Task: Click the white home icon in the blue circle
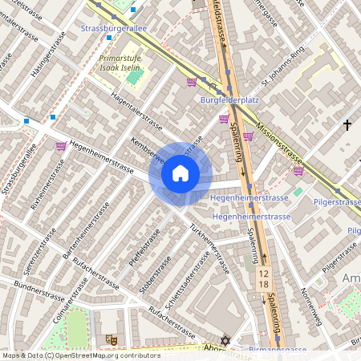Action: (180, 173)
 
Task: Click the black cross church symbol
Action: (347, 125)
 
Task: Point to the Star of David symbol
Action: (225, 341)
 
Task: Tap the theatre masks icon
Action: (110, 339)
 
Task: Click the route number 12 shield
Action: (263, 274)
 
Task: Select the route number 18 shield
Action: (263, 285)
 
